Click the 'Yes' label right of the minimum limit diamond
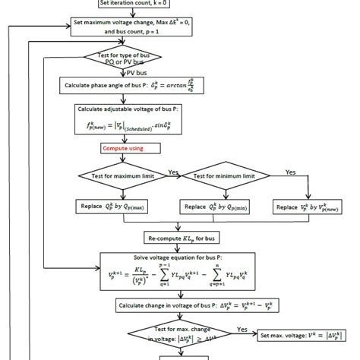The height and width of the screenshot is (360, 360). [290, 172]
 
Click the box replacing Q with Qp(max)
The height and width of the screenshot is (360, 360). [116, 206]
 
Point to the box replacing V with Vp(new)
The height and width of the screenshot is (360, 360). [308, 206]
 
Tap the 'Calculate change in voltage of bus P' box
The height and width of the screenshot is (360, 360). [195, 305]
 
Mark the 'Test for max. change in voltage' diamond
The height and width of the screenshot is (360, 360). [182, 334]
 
